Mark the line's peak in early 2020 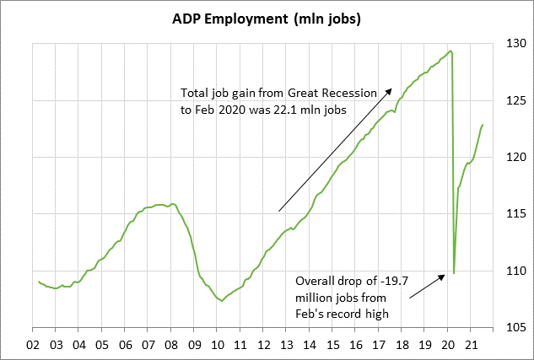tap(451, 51)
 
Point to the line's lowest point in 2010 tap(221, 301)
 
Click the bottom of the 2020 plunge tap(454, 272)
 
